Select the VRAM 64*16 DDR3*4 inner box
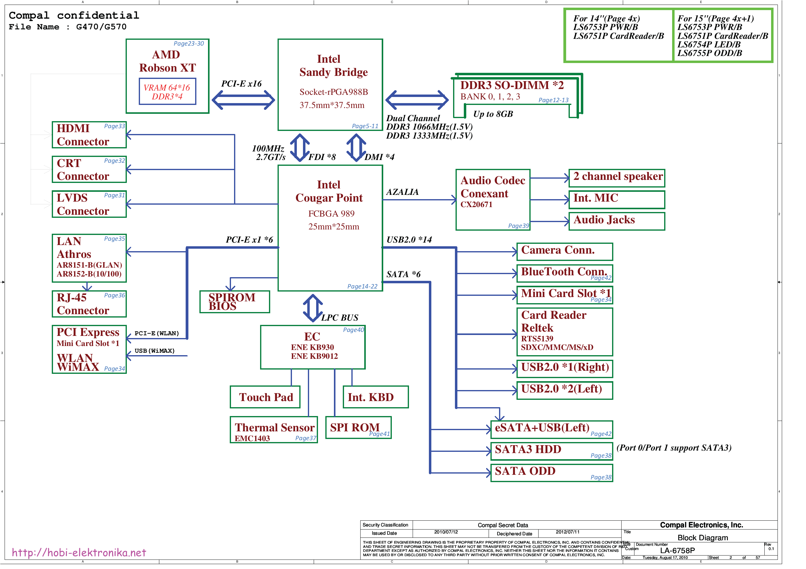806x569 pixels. click(168, 92)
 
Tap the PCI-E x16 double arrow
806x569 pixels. click(243, 100)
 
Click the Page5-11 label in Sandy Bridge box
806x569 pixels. click(365, 126)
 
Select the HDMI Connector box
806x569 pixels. click(89, 135)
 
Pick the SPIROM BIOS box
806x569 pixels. click(234, 302)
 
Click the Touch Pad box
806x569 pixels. click(265, 397)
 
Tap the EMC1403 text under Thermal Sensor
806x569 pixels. click(252, 439)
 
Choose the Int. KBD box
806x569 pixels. click(375, 397)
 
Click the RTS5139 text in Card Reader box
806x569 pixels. click(537, 339)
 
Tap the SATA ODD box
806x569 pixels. click(551, 473)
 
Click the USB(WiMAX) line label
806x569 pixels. click(154, 351)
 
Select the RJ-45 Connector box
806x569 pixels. click(89, 304)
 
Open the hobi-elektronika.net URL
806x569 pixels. click(79, 553)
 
